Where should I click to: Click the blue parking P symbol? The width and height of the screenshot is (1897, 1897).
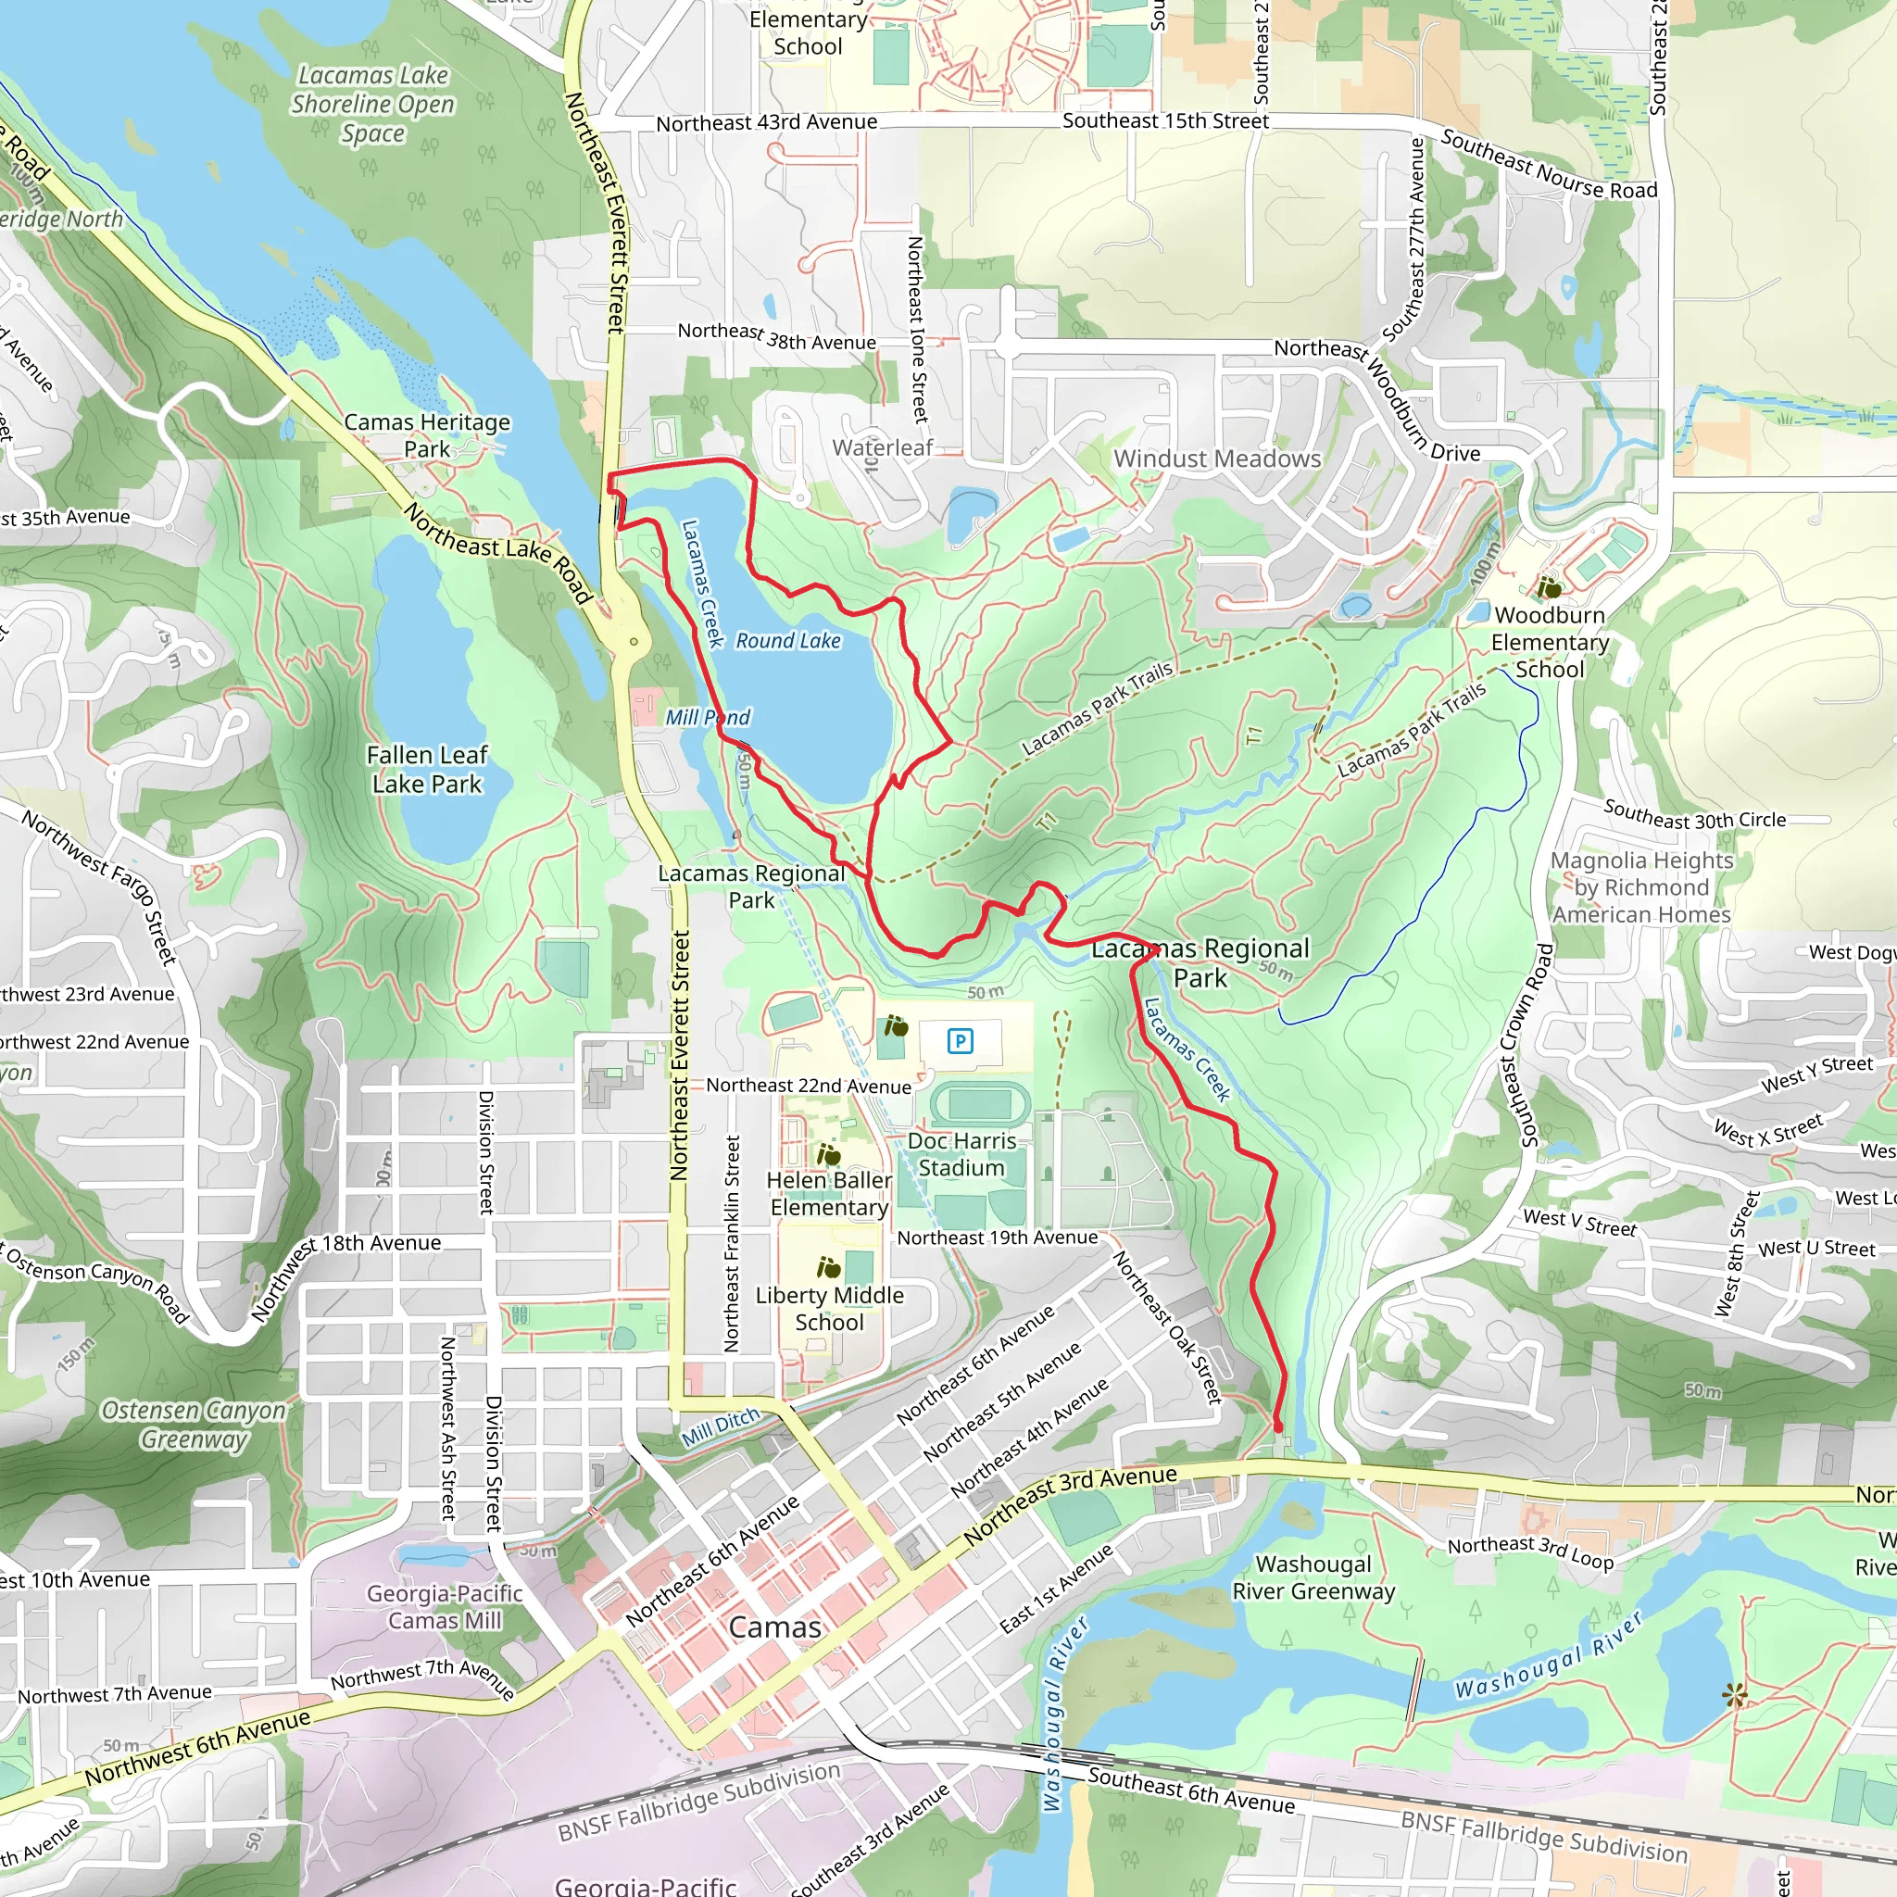click(x=961, y=1041)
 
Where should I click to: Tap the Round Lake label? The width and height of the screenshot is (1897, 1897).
click(x=788, y=641)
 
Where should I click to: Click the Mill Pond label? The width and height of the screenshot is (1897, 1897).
click(x=707, y=718)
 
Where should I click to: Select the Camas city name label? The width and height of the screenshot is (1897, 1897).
click(x=774, y=1627)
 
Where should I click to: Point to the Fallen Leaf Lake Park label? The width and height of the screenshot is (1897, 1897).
click(x=427, y=770)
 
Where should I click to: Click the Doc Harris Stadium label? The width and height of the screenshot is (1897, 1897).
click(x=961, y=1154)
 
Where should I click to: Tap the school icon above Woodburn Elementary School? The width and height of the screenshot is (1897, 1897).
click(x=1550, y=589)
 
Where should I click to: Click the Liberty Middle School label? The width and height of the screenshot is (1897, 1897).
click(x=829, y=1309)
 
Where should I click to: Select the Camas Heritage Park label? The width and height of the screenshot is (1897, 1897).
click(x=427, y=435)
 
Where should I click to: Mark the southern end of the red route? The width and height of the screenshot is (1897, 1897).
click(x=1277, y=1426)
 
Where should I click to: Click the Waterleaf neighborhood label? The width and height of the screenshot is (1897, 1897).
click(x=883, y=447)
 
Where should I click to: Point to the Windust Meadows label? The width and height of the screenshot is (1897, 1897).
click(x=1216, y=459)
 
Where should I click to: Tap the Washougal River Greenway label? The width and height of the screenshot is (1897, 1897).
click(x=1313, y=1577)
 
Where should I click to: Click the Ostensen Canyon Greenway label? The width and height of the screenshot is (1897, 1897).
click(x=194, y=1425)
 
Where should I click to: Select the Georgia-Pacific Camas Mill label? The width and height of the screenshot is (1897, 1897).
click(x=445, y=1606)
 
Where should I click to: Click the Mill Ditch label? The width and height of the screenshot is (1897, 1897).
click(x=721, y=1426)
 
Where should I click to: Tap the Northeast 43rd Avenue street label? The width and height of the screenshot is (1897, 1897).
click(x=767, y=123)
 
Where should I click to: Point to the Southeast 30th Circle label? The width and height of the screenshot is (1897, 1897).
click(x=1694, y=814)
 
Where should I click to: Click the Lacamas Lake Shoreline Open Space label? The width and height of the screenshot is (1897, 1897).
click(x=372, y=104)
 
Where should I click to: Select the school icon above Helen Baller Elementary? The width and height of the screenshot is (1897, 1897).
click(x=829, y=1155)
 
